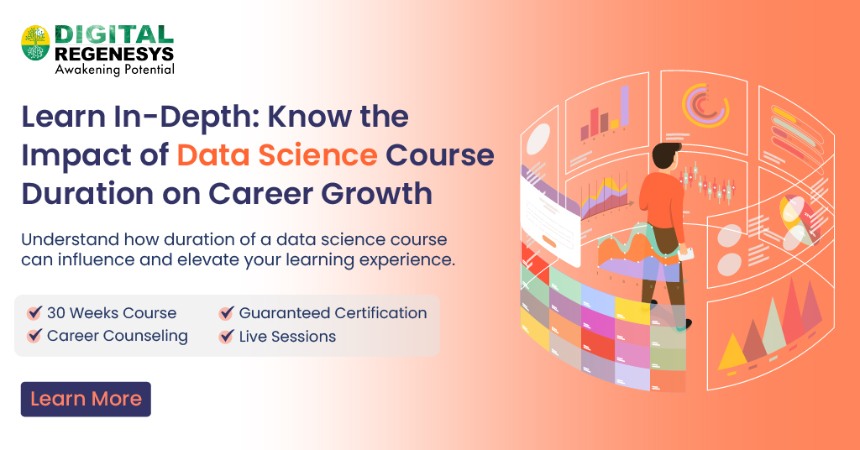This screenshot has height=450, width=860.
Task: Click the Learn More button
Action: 86,399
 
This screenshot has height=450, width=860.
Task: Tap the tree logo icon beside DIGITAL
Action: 36,42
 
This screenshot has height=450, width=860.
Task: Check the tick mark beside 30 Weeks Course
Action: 34,313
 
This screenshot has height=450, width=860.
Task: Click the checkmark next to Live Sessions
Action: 226,337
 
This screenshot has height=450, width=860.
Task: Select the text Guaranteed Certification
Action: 333,313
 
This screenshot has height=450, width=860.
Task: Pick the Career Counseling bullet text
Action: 117,337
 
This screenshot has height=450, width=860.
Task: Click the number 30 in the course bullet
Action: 56,313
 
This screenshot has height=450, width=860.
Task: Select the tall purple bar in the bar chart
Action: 624,105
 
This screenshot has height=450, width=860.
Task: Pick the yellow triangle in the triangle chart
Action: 732,352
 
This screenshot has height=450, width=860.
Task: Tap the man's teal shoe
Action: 683,324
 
